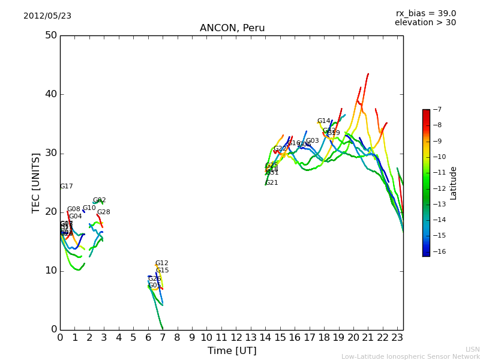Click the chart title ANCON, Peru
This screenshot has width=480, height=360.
click(231, 28)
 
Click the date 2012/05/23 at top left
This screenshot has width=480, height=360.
click(47, 16)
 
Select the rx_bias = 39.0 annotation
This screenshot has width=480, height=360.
click(425, 14)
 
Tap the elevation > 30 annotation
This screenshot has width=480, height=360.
click(425, 23)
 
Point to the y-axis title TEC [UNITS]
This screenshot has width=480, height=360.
click(36, 182)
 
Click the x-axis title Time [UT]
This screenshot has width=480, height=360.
click(232, 351)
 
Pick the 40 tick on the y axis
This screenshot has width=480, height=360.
click(50, 94)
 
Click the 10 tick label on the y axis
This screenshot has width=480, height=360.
click(50, 271)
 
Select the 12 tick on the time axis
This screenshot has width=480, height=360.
click(236, 338)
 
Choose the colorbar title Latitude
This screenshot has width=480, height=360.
click(454, 183)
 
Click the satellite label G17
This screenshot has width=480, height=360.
click(66, 187)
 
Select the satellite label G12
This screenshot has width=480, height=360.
click(161, 263)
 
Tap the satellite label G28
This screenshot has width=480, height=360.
click(103, 212)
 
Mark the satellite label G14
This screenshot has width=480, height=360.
click(323, 121)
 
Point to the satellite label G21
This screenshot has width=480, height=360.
click(271, 183)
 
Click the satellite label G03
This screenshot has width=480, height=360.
click(312, 141)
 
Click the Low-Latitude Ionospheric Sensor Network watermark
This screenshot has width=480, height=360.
click(410, 357)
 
